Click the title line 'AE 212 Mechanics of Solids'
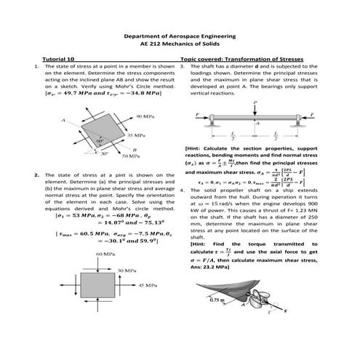(x=180, y=44)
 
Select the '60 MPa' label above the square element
(x=105, y=253)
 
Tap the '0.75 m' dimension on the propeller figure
(x=216, y=298)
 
